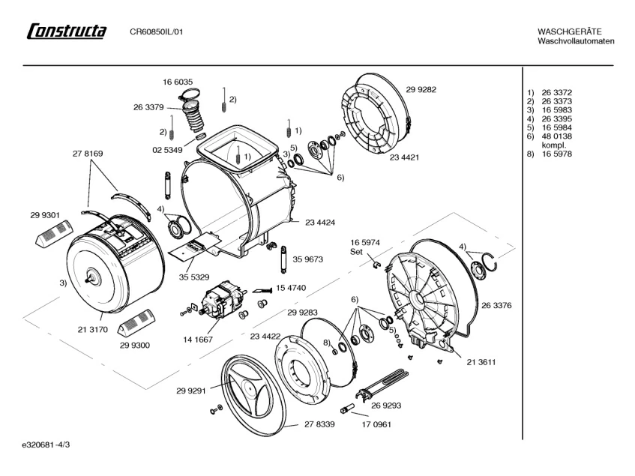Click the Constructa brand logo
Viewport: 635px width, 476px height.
67,31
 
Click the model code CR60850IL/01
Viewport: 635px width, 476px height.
157,31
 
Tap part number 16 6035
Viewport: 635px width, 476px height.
178,82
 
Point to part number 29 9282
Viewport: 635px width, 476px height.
421,89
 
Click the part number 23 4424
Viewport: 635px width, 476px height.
320,222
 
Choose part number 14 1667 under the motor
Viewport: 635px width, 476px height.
198,340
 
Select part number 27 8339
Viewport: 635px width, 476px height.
319,424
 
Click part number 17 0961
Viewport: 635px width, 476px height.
376,424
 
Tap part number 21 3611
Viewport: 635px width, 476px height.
481,362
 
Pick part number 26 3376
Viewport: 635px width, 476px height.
496,305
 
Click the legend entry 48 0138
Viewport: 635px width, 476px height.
557,136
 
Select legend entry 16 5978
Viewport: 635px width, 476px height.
557,154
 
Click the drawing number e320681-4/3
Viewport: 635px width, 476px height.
46,445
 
